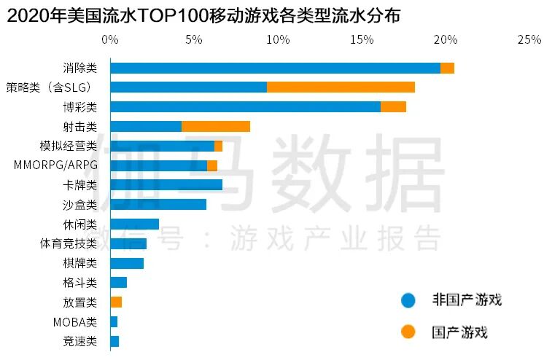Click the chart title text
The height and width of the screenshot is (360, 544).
[x=204, y=16]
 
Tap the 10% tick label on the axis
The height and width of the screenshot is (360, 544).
[x=278, y=40]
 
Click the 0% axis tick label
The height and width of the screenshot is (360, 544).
[x=110, y=40]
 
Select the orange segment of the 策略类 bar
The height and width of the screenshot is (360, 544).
[x=341, y=87]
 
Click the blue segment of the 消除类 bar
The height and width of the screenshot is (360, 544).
[x=275, y=68]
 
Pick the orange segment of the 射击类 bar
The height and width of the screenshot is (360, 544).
[x=216, y=126]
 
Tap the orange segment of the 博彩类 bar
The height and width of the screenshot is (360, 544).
[x=393, y=107]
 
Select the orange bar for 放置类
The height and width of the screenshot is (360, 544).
[x=116, y=302]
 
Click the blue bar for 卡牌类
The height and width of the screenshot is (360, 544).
[x=166, y=184]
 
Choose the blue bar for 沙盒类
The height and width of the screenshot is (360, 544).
[x=158, y=204]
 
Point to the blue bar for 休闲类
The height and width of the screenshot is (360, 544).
[x=134, y=224]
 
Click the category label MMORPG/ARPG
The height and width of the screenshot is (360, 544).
[x=55, y=165]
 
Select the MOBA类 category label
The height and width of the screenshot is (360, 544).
[x=74, y=321]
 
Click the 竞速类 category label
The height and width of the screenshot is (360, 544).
[x=80, y=341]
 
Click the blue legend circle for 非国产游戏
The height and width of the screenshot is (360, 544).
[x=408, y=300]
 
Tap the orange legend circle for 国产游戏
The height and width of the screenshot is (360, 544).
[x=408, y=332]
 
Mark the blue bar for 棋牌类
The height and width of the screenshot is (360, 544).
[x=127, y=263]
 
